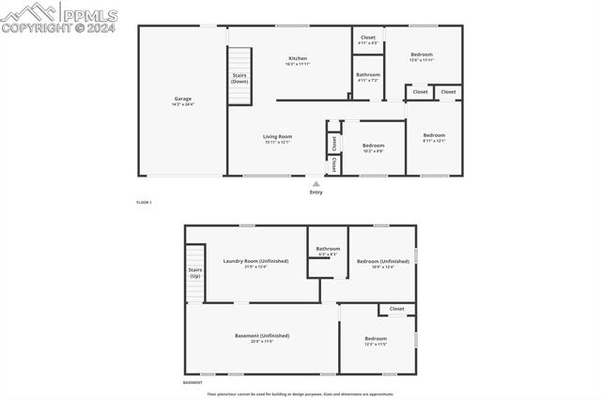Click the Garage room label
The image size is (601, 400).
(182, 99)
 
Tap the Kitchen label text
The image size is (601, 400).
(297, 59)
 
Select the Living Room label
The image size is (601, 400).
(277, 137)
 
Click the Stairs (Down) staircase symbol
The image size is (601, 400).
(239, 78)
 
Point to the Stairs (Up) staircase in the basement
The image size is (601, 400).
(194, 272)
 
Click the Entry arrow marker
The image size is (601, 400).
(316, 184)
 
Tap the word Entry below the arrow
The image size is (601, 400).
(316, 192)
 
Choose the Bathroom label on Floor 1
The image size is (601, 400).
(368, 74)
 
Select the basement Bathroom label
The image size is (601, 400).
(328, 249)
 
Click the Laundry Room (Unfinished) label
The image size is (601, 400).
(255, 261)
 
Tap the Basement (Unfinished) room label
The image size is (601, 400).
(262, 335)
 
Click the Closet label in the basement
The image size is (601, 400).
(396, 308)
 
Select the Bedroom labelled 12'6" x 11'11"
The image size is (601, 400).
(422, 54)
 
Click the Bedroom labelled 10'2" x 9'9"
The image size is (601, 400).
(374, 146)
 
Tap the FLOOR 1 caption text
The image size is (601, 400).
(144, 203)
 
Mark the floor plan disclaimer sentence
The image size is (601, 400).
(300, 394)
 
